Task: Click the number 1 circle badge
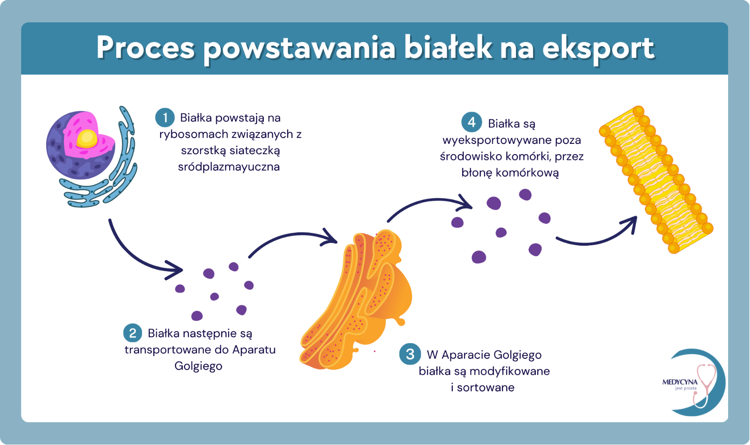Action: tap(165, 118)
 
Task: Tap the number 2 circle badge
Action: tap(132, 333)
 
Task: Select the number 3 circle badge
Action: tap(410, 354)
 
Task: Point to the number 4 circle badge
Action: tap(471, 122)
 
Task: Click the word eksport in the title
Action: tap(598, 48)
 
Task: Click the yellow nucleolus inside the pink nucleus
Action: tap(87, 139)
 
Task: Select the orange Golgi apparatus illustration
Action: tap(358, 299)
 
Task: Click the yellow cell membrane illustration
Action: tap(655, 179)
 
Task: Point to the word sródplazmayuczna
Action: tap(229, 167)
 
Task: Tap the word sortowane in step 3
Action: tap(485, 387)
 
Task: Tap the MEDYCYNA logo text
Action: tap(679, 382)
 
